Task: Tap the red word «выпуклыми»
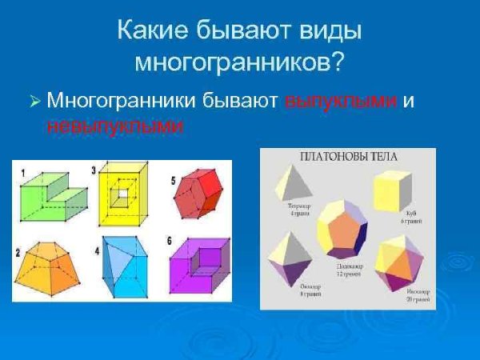click(x=341, y=102)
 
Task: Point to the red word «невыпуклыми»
click(x=115, y=126)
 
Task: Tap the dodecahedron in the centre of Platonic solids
click(x=342, y=227)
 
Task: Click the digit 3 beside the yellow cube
click(x=94, y=170)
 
